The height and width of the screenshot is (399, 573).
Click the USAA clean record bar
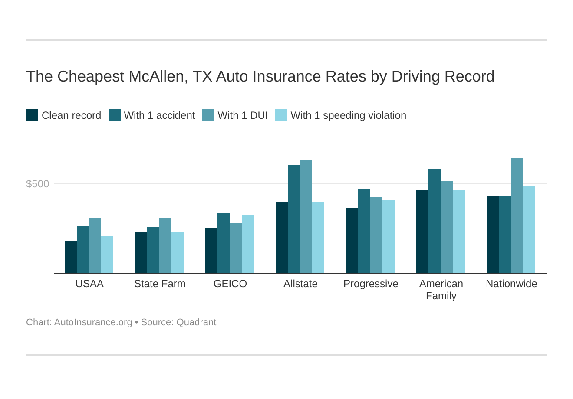point(71,257)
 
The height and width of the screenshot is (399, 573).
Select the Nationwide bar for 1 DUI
point(517,216)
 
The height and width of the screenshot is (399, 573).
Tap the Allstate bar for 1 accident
point(294,219)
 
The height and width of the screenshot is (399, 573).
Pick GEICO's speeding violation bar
point(248,244)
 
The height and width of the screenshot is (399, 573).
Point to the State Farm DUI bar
point(165,245)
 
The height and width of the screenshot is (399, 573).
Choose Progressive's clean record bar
point(352,241)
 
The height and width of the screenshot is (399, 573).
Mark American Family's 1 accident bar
point(435,221)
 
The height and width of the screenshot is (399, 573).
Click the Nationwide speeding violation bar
point(529,229)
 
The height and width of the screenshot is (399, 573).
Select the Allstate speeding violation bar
point(318,238)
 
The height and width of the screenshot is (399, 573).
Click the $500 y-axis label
point(38,184)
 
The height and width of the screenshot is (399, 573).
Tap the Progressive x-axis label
point(371,284)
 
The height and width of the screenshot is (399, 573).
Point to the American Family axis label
point(441,290)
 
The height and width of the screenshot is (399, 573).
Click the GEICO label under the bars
point(230,284)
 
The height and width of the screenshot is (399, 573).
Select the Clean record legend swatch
point(32,115)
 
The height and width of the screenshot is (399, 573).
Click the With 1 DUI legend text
point(243,115)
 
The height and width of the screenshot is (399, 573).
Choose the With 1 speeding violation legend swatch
point(281,115)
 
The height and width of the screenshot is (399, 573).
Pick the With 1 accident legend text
point(159,115)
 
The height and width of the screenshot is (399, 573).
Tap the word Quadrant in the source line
point(196,322)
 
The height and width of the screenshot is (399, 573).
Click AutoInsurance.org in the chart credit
point(93,322)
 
